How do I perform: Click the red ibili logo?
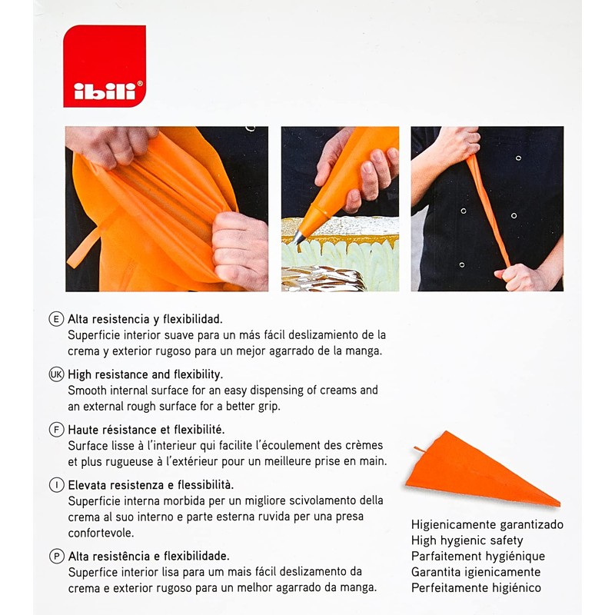[105, 66]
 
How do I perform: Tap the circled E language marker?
[56, 319]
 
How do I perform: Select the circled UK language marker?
[56, 374]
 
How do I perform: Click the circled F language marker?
[56, 430]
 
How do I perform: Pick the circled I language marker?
[56, 485]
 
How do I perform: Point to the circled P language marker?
[56, 556]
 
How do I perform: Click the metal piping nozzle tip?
[299, 238]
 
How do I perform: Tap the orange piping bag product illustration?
[484, 469]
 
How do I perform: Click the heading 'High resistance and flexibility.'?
[145, 374]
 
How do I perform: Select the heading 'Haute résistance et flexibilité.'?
[146, 430]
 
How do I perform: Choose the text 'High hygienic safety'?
[467, 540]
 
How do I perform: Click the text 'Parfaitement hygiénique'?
[478, 557]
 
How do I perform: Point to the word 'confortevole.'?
[101, 533]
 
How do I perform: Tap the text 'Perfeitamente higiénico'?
[476, 588]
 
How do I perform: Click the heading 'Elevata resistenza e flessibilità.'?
[151, 485]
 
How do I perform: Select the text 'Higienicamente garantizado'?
[487, 525]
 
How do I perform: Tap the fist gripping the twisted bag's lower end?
[517, 276]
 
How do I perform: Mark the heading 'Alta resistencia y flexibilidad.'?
[145, 319]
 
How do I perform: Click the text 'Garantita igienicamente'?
[476, 572]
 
